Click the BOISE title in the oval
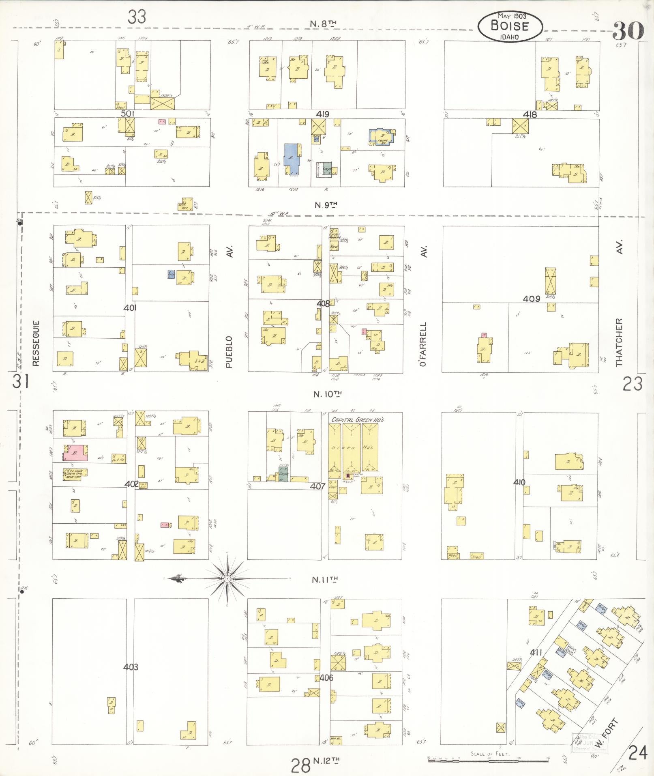pyautogui.click(x=510, y=26)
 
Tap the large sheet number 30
pyautogui.click(x=628, y=30)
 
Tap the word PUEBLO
pyautogui.click(x=229, y=351)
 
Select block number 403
pyautogui.click(x=131, y=667)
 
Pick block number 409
pyautogui.click(x=531, y=299)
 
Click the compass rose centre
pyautogui.click(x=227, y=578)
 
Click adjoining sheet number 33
pyautogui.click(x=137, y=17)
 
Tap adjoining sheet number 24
pyautogui.click(x=637, y=754)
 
